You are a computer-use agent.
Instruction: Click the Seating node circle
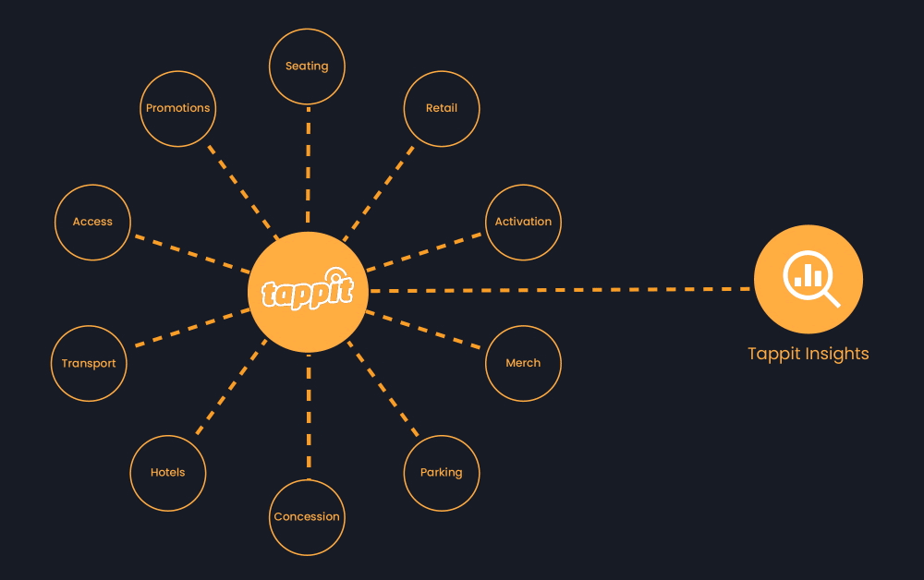307,66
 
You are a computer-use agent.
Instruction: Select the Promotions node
178,108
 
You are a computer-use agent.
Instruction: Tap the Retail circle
442,108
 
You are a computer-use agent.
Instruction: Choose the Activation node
523,222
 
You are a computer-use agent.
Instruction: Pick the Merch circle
523,363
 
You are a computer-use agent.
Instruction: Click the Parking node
442,473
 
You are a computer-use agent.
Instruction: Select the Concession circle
307,517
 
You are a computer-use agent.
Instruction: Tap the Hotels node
168,473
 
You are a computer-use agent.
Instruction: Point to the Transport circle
89,363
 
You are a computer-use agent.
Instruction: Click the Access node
92,222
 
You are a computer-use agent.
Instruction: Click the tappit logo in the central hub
308,291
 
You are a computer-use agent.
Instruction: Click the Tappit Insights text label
808,354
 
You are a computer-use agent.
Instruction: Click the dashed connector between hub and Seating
308,166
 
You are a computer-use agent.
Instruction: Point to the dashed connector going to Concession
309,416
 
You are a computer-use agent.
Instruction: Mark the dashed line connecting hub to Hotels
231,388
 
